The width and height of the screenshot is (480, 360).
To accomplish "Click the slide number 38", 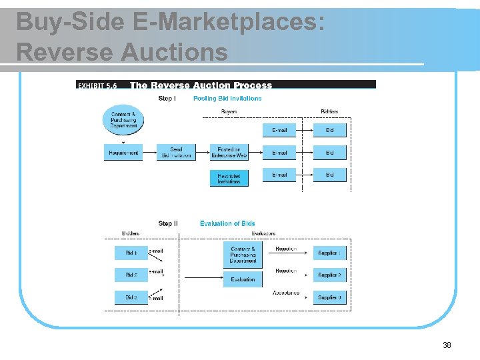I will (x=447, y=345).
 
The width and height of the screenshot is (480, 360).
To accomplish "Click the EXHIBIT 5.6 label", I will (x=98, y=85).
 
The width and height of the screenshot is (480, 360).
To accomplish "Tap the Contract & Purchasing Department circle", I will (x=123, y=119).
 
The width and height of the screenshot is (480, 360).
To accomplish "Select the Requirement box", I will (x=123, y=153).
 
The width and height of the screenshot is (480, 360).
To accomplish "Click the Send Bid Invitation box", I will (x=176, y=153).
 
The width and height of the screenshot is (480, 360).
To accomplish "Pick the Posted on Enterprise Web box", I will (x=229, y=153).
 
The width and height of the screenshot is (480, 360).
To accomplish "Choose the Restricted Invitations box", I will (x=229, y=178).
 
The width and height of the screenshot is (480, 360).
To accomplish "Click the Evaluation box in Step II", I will (x=243, y=279).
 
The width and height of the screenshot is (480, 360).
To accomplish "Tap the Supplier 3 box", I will (x=329, y=297).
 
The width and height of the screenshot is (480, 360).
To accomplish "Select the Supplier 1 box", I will (x=329, y=253).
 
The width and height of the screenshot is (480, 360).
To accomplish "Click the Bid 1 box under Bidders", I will (x=131, y=253).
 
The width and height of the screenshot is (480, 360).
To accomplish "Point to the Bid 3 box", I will (x=131, y=297).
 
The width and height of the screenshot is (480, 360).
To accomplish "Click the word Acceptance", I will (x=286, y=293).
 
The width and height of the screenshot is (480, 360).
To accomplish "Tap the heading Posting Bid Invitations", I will (x=227, y=99).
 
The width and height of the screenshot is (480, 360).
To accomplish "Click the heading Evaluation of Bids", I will (x=227, y=223).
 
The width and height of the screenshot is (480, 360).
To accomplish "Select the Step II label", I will (x=168, y=223).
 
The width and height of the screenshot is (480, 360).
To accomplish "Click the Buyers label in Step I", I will (x=229, y=111).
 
